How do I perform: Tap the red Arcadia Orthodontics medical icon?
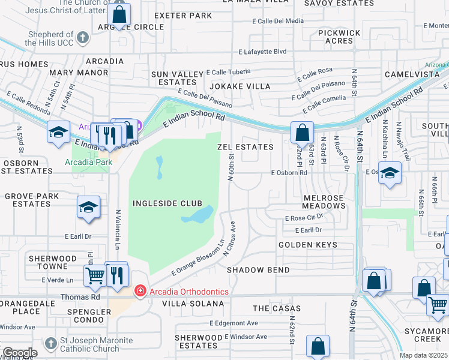pyautogui.click(x=140, y=291)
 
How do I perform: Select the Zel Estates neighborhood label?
pyautogui.click(x=245, y=147)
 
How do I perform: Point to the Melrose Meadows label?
pyautogui.click(x=324, y=202)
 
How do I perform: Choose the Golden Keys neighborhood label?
pyautogui.click(x=307, y=245)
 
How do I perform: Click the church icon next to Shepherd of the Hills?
pyautogui.click(x=83, y=38)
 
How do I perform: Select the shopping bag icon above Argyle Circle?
pyautogui.click(x=119, y=14)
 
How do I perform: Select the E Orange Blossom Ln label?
pyautogui.click(x=198, y=257)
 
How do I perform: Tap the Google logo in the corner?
pyautogui.click(x=19, y=353)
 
